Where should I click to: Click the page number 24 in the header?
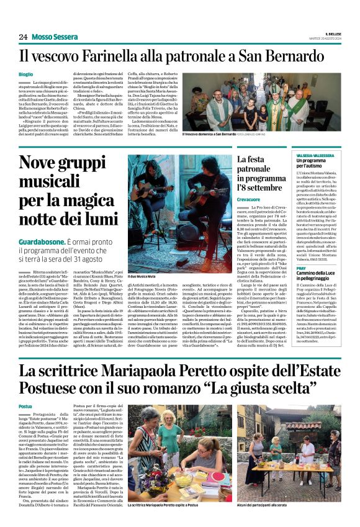[22, 37]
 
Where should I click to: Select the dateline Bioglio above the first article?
[26, 74]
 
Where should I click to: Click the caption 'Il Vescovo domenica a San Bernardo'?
[209, 133]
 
